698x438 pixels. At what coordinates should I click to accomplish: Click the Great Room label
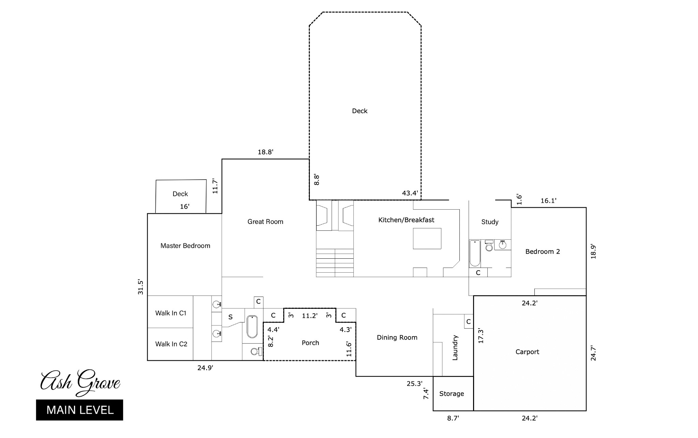click(265, 222)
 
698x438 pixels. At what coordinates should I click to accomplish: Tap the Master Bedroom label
click(185, 246)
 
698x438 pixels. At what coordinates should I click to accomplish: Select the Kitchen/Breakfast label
click(406, 220)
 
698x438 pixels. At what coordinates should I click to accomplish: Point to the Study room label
click(490, 222)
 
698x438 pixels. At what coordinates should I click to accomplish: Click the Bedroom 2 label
click(543, 252)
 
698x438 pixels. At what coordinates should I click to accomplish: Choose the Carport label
click(527, 352)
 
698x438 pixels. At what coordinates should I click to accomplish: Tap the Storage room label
click(452, 394)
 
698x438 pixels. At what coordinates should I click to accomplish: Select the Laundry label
click(455, 348)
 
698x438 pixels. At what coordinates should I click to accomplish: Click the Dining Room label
click(397, 337)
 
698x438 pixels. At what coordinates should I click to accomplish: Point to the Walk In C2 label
click(171, 344)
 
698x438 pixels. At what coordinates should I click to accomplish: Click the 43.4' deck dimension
click(410, 193)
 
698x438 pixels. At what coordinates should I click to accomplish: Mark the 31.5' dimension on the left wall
click(140, 287)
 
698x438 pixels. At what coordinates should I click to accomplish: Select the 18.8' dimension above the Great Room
click(265, 152)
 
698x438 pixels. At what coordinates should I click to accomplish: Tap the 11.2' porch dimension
click(310, 316)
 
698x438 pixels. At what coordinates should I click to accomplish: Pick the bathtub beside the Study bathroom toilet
click(475, 253)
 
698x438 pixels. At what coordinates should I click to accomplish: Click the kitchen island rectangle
click(427, 239)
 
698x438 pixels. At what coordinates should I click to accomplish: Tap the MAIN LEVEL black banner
click(79, 410)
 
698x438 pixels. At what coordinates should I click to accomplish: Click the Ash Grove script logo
click(80, 382)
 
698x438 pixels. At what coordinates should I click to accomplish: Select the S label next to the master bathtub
click(230, 317)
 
